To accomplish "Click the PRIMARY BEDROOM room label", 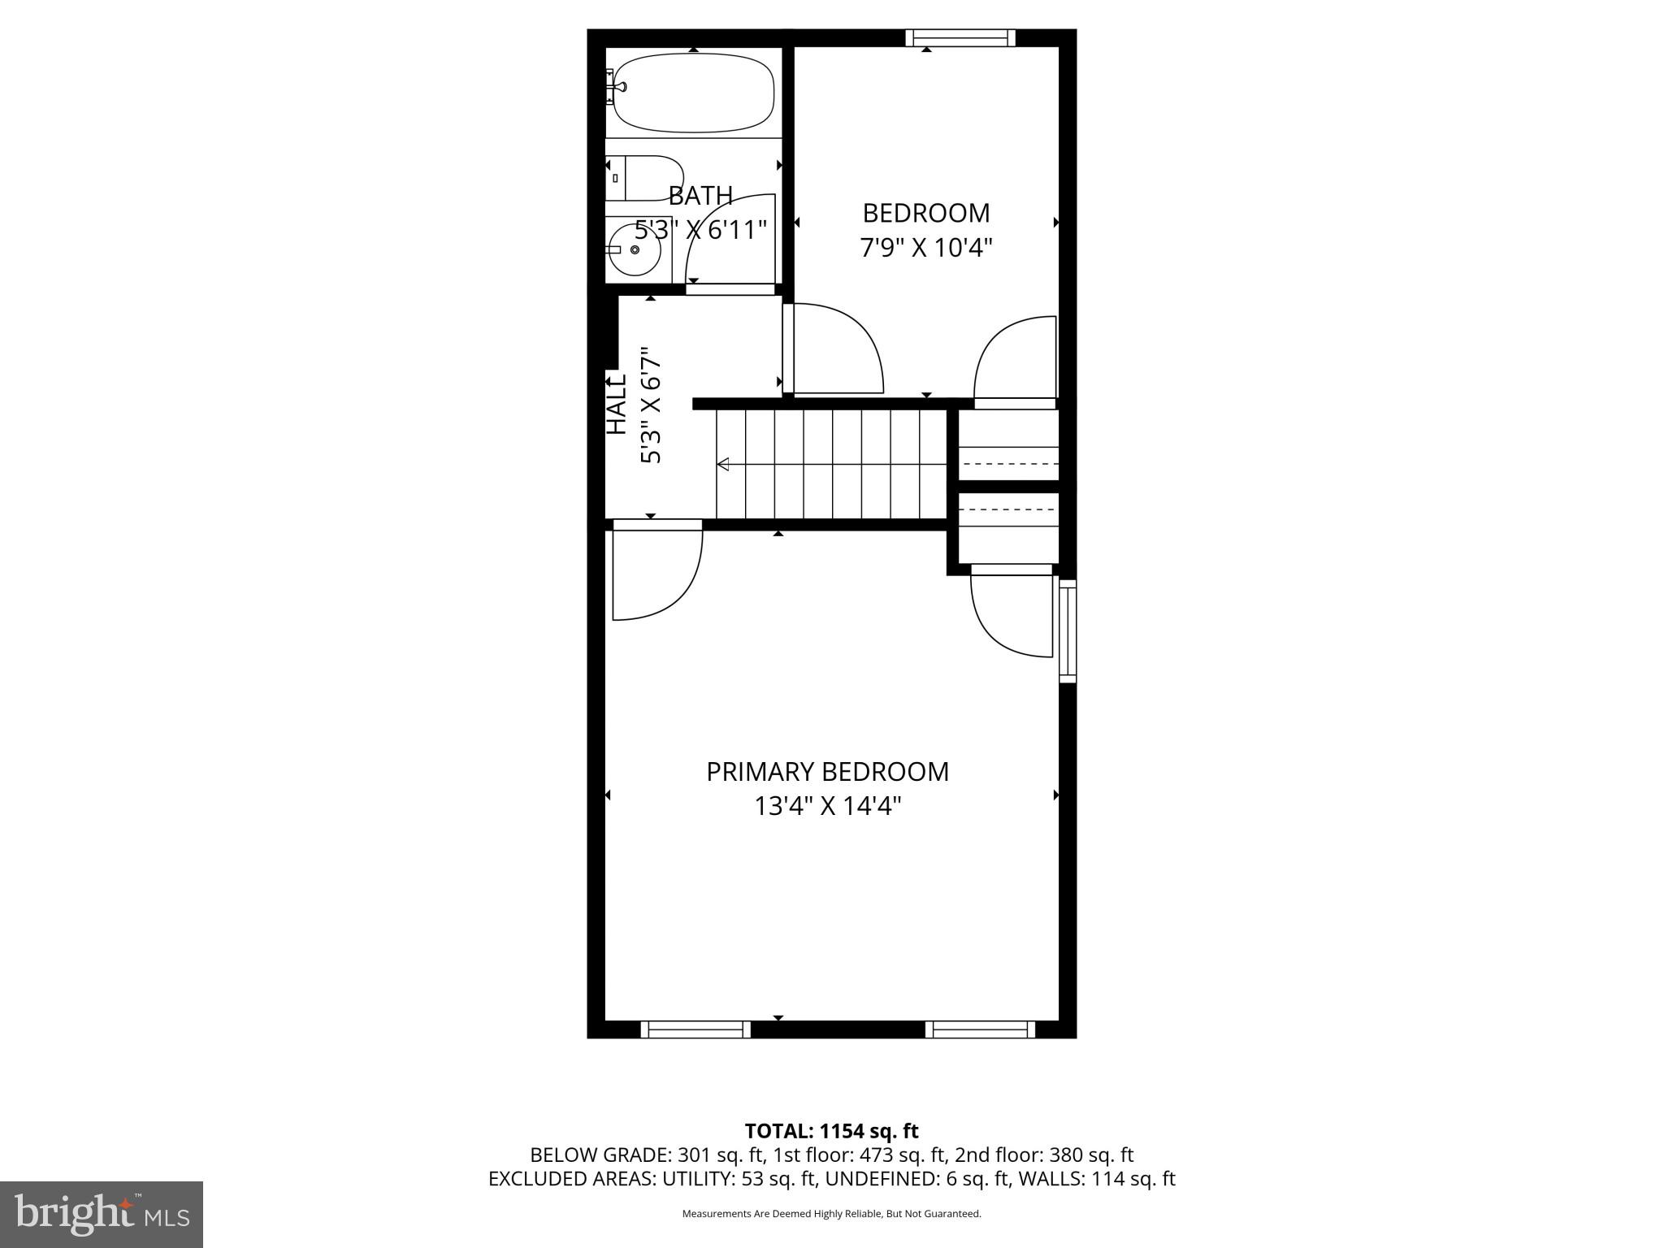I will [827, 772].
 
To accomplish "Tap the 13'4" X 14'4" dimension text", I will [827, 807].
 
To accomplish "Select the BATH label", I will [700, 196].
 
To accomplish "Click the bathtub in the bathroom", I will [693, 93].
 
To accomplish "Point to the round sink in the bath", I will [635, 249].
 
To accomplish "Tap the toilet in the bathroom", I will [643, 178].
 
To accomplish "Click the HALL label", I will [617, 404].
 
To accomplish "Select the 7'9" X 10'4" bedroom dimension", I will [926, 247].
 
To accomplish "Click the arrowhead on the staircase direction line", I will [722, 464].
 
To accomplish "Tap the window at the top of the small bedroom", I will [960, 37].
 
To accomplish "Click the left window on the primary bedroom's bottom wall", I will [695, 1029].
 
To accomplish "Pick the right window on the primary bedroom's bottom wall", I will [980, 1029].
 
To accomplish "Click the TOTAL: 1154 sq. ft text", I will [831, 1131].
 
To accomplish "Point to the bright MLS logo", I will [102, 1214].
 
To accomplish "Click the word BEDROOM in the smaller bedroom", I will [926, 213].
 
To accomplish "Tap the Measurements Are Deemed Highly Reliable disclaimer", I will [831, 1214].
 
